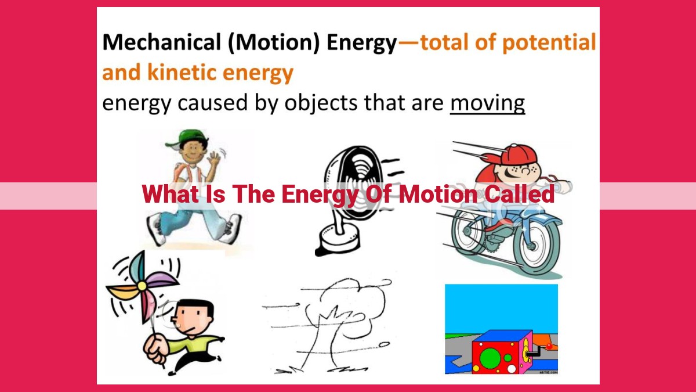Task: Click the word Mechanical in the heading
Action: click(162, 42)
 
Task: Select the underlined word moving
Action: click(488, 103)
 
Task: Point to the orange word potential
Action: click(549, 43)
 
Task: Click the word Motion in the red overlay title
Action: click(438, 194)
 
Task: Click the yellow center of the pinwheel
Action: click(142, 286)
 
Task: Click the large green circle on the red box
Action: click(490, 358)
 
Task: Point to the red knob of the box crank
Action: click(549, 346)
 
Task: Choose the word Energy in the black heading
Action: click(362, 43)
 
